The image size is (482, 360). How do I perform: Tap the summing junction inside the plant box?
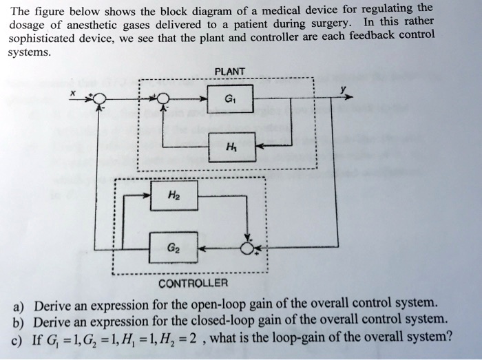click(164, 100)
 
